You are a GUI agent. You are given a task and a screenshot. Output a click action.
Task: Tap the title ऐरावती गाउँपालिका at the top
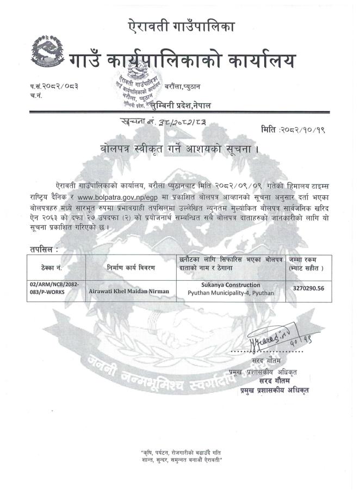click(180, 26)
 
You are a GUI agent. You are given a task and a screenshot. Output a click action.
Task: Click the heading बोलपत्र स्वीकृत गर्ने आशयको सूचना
click(180, 147)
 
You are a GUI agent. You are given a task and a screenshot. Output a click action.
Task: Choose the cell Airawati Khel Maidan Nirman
click(129, 291)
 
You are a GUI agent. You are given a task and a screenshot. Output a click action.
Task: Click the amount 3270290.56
click(308, 289)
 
